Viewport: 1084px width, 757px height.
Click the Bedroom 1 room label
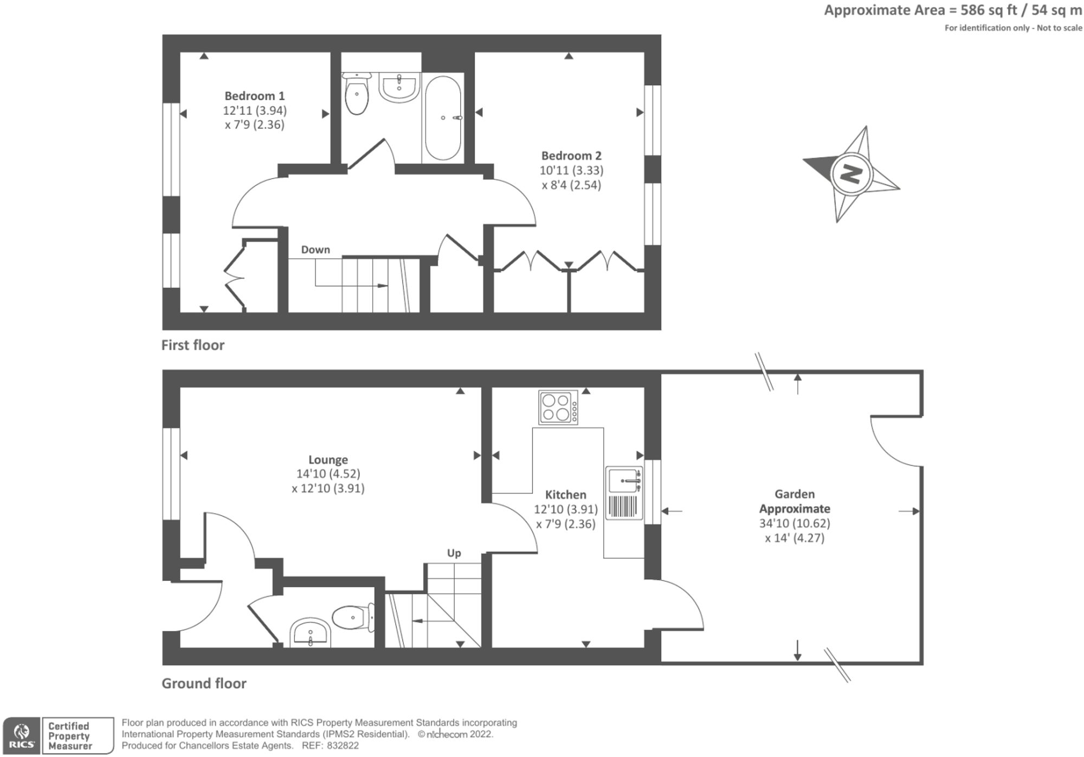pyautogui.click(x=254, y=96)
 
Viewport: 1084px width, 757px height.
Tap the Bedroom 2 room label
pyautogui.click(x=571, y=156)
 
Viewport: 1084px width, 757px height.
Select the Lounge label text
pyautogui.click(x=328, y=460)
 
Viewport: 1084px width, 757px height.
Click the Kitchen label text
pyautogui.click(x=565, y=494)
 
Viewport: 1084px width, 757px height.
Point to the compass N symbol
pyautogui.click(x=850, y=174)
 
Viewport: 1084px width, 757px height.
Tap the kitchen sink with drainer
pyautogui.click(x=624, y=493)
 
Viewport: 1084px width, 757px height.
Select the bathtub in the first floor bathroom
pyautogui.click(x=443, y=118)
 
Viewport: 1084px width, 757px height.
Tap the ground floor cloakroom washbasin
pyautogui.click(x=311, y=633)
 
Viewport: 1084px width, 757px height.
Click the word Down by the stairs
pyautogui.click(x=315, y=249)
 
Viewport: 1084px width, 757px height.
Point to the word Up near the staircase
pyautogui.click(x=454, y=553)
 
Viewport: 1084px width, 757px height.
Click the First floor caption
pyautogui.click(x=192, y=345)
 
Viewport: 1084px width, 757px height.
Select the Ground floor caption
pyautogui.click(x=204, y=683)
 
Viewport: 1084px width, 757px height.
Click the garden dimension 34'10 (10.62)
pyautogui.click(x=795, y=523)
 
